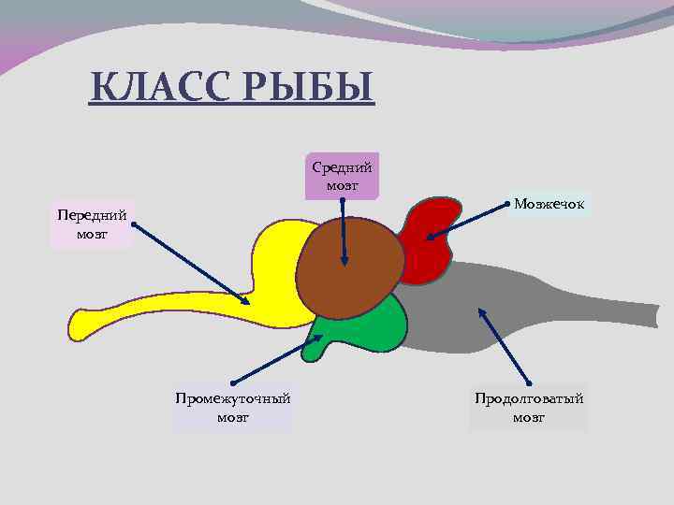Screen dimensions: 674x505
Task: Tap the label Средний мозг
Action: (x=342, y=176)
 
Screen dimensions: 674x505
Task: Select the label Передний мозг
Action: (x=91, y=224)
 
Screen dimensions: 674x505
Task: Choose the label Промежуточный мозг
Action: (x=232, y=408)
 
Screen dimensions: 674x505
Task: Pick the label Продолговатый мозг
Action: (x=529, y=408)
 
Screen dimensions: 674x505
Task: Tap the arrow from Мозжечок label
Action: (x=468, y=221)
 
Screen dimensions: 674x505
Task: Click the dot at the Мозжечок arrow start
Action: (x=507, y=202)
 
